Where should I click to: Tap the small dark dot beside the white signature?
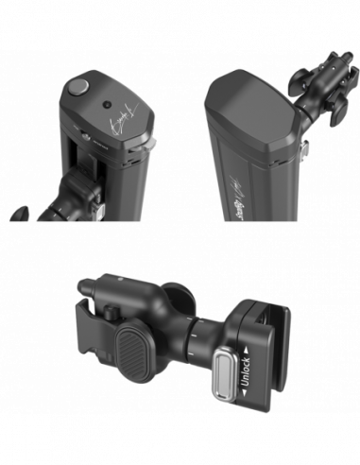pyautogui.click(x=106, y=104)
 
